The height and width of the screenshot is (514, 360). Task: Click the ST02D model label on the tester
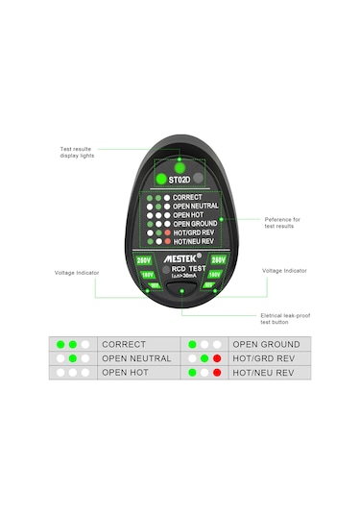[179, 180]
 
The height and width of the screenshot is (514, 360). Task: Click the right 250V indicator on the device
[218, 259]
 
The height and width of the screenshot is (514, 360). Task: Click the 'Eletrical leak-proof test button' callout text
[285, 320]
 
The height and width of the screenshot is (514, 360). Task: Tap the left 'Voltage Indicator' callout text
[78, 273]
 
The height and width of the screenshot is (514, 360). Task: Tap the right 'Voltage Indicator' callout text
[285, 271]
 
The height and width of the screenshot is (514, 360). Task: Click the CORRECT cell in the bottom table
[124, 344]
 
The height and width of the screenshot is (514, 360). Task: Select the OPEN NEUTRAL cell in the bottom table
[136, 358]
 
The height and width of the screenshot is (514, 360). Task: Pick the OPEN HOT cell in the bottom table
[127, 372]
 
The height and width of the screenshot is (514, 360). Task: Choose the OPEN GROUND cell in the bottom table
[266, 344]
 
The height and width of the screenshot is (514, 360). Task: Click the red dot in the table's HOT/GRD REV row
[218, 358]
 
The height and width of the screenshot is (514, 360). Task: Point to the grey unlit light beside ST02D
[199, 179]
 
